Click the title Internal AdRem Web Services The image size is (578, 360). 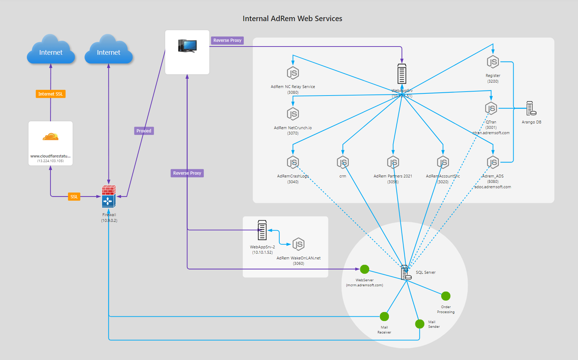click(x=292, y=19)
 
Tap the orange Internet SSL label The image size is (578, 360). click(x=50, y=94)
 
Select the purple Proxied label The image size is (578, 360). click(x=144, y=131)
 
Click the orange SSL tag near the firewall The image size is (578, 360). click(x=74, y=197)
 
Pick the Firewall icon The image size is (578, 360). click(x=109, y=196)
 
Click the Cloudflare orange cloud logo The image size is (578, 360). click(x=50, y=137)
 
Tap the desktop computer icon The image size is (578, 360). click(x=187, y=46)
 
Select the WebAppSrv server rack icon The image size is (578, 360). click(x=402, y=74)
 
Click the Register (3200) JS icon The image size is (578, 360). click(x=493, y=62)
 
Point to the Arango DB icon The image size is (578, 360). click(x=531, y=108)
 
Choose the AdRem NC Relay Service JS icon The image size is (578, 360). click(x=293, y=73)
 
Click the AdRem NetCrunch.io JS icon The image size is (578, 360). click(x=293, y=114)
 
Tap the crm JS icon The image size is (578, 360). click(x=343, y=162)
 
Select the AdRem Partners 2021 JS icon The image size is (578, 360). click(x=393, y=162)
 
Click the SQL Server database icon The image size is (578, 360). click(x=406, y=273)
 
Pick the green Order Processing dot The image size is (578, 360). click(x=445, y=296)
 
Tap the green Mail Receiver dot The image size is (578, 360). click(x=384, y=316)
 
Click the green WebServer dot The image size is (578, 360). click(x=365, y=269)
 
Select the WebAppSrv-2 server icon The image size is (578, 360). click(x=262, y=230)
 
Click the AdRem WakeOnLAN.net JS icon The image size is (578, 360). click(x=298, y=244)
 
